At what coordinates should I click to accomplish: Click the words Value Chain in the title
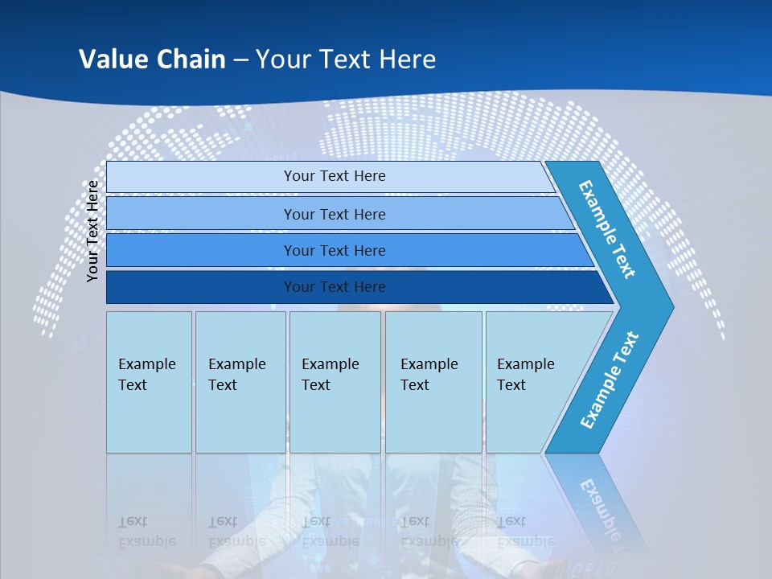click(x=152, y=60)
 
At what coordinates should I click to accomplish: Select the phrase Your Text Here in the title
click(x=346, y=60)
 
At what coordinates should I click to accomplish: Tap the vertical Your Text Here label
click(x=93, y=231)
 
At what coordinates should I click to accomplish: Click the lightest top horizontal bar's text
click(x=335, y=176)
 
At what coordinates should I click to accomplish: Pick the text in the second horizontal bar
click(x=335, y=215)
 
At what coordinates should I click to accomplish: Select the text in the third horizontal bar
click(x=335, y=251)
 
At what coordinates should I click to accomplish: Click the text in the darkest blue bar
click(x=335, y=287)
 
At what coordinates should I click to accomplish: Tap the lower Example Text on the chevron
click(x=610, y=380)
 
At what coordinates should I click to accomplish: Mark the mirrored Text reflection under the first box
click(x=133, y=521)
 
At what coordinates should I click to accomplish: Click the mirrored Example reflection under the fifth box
click(x=526, y=541)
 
